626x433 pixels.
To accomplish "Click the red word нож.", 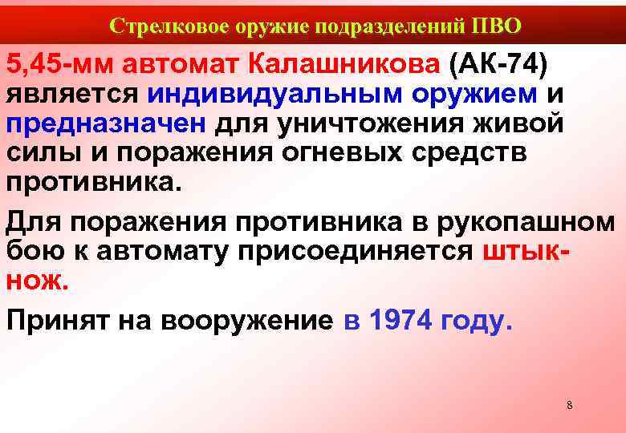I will coord(38,281).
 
